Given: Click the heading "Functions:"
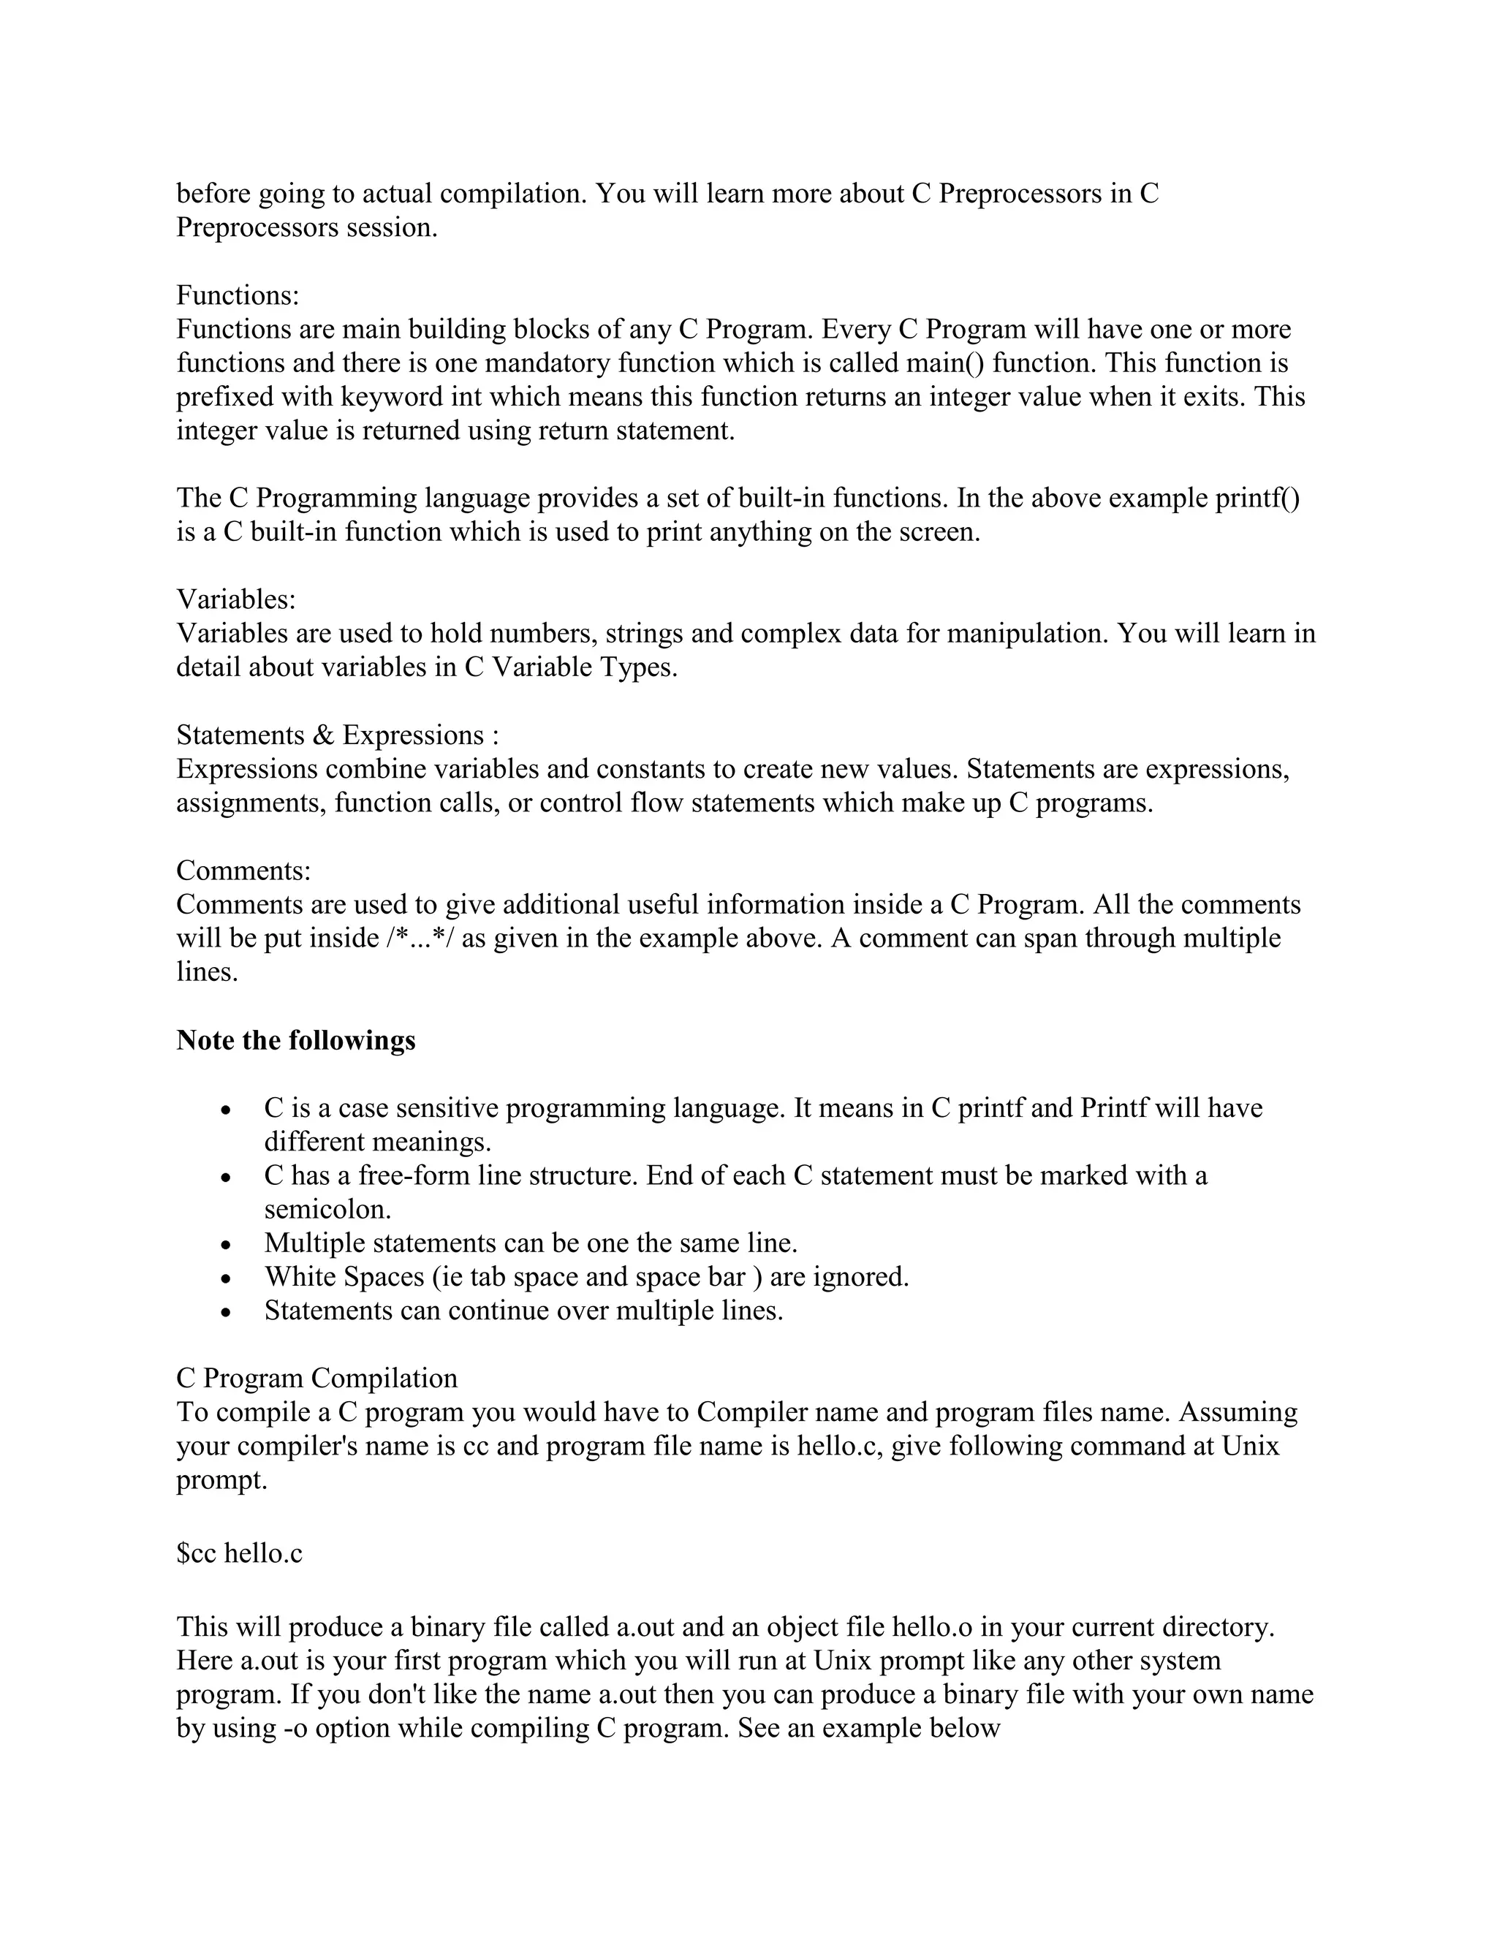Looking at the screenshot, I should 238,295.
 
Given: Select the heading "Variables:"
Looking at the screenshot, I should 236,599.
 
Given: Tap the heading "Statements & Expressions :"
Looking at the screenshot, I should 338,735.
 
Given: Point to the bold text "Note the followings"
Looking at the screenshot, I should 295,1040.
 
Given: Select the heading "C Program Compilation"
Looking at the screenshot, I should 317,1379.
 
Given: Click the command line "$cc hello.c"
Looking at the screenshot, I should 240,1553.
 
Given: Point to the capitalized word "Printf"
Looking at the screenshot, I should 1114,1109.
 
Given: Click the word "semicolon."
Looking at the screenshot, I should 327,1210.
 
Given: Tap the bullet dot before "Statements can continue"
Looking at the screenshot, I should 227,1313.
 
